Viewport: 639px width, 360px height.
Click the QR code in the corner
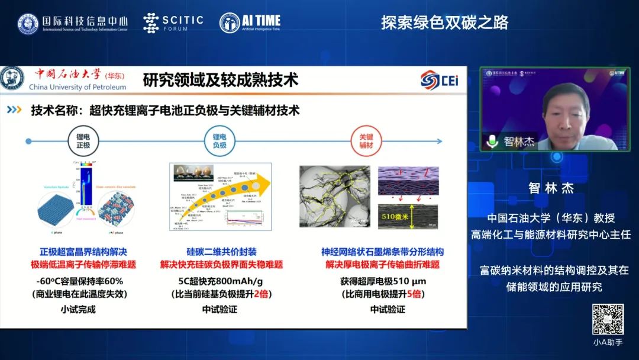tap(608, 320)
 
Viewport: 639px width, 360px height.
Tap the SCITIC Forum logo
tap(173, 22)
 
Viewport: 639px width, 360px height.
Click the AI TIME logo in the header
tap(250, 22)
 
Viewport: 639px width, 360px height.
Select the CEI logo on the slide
tap(439, 80)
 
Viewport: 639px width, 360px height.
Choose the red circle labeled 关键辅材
tap(366, 141)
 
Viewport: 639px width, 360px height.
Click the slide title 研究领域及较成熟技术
tap(220, 80)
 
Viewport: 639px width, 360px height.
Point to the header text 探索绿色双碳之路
tap(444, 23)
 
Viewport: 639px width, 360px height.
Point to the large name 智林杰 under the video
tap(551, 188)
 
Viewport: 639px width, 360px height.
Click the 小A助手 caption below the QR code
tap(608, 342)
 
